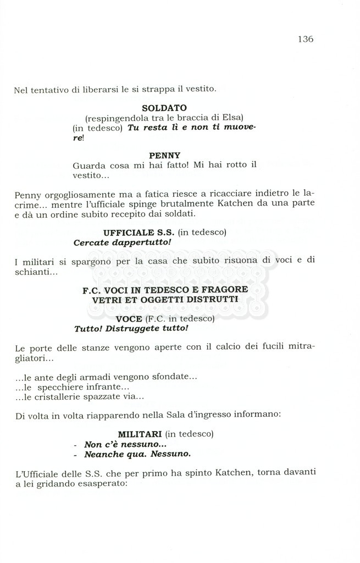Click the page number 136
pos(305,39)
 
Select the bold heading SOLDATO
pos(164,108)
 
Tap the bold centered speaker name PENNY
pos(164,156)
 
